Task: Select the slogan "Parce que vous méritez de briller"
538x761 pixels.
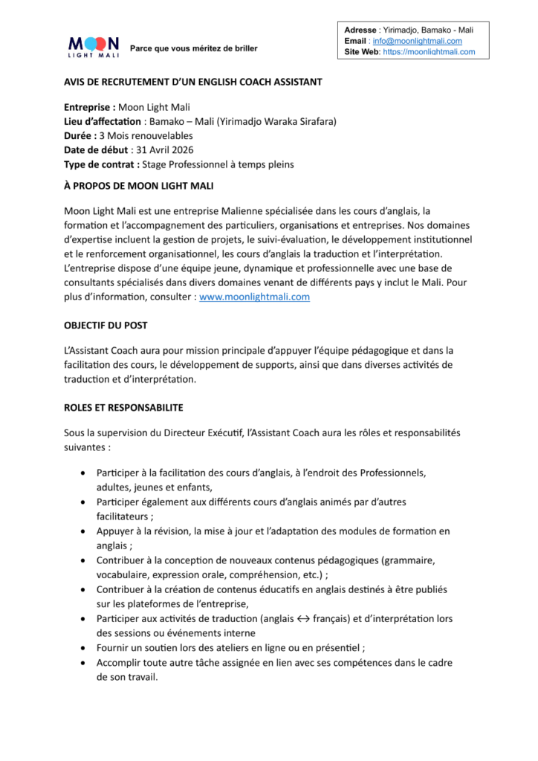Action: point(194,48)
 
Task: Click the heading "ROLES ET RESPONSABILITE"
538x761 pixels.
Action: point(123,408)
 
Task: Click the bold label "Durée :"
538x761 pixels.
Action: point(80,135)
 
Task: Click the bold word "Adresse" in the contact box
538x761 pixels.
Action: point(361,30)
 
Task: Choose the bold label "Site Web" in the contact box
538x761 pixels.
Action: point(363,52)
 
